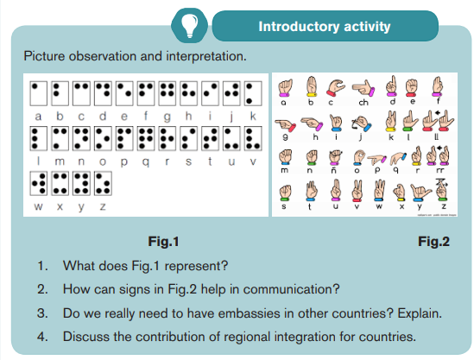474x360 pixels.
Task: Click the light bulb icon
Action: pyautogui.click(x=189, y=25)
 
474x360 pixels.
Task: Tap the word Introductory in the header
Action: pyautogui.click(x=299, y=27)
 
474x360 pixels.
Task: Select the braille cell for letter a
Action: pyautogui.click(x=38, y=93)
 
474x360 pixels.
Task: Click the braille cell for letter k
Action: pyautogui.click(x=253, y=93)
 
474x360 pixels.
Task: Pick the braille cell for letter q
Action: pyautogui.click(x=146, y=138)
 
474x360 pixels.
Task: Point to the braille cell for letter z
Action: pyautogui.click(x=103, y=184)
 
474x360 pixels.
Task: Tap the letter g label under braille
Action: pyautogui.click(x=167, y=117)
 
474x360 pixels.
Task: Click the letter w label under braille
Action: pyautogui.click(x=38, y=206)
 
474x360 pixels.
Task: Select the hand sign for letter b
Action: pyautogui.click(x=312, y=86)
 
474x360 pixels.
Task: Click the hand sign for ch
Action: pyautogui.click(x=363, y=88)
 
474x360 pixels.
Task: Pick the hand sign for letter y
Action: pyautogui.click(x=420, y=192)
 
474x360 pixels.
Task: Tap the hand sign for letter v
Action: pyautogui.click(x=357, y=191)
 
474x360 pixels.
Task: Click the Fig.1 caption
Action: pyautogui.click(x=163, y=242)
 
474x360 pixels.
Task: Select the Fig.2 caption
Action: pyautogui.click(x=433, y=242)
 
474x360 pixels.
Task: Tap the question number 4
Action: pyautogui.click(x=42, y=337)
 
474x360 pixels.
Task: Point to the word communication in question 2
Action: pyautogui.click(x=292, y=289)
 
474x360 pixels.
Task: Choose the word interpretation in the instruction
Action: pyautogui.click(x=206, y=56)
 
